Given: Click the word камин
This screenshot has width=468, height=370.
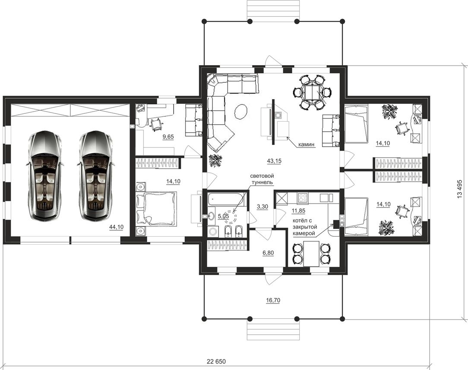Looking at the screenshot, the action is [x=306, y=144].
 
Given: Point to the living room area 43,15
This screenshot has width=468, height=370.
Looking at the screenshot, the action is [x=274, y=161].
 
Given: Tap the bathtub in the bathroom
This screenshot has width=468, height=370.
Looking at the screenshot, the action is [x=227, y=200].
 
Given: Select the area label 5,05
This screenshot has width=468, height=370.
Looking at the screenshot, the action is [x=223, y=216].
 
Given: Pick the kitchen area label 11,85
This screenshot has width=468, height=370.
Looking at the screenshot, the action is [x=298, y=211].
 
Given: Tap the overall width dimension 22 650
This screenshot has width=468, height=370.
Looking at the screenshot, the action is [x=216, y=362].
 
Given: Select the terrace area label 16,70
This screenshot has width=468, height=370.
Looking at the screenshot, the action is [x=273, y=300].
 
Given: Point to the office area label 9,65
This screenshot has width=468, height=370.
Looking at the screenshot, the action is [x=168, y=137].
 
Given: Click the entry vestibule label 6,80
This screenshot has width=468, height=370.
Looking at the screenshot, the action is [x=268, y=253].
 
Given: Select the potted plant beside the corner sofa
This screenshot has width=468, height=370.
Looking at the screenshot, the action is [x=215, y=160].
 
